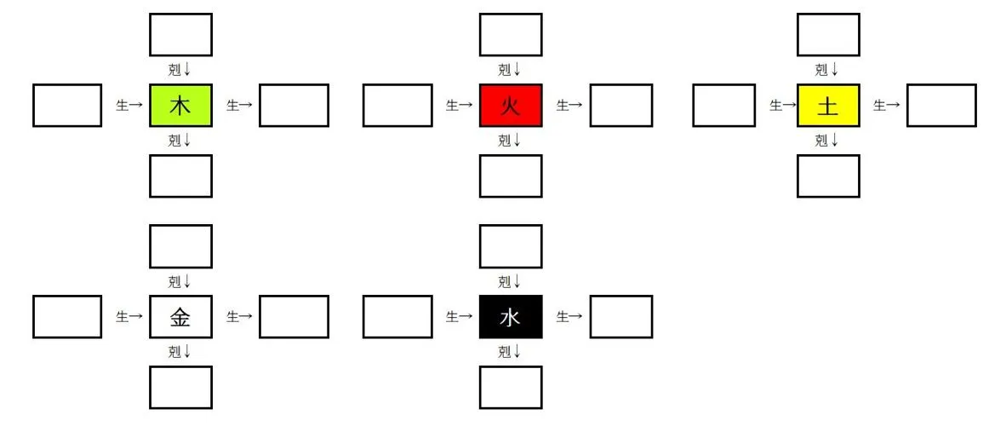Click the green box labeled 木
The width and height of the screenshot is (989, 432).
180,106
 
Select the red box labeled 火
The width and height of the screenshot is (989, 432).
511,106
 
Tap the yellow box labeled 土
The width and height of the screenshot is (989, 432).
828,106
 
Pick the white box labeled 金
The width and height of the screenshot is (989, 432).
180,317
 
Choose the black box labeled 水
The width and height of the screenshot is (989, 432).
511,317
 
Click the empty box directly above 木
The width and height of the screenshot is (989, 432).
180,35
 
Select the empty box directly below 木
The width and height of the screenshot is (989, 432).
180,176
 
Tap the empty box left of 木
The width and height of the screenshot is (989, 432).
67,106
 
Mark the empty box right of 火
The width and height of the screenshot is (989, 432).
621,106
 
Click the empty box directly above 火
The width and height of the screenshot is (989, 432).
511,35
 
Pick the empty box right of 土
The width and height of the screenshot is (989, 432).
941,106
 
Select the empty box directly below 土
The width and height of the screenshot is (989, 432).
828,176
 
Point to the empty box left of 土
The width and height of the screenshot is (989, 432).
723,106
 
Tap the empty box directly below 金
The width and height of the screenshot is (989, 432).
180,388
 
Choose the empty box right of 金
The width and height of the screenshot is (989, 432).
294,317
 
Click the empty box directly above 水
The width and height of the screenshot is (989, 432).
511,246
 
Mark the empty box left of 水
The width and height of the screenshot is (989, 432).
397,317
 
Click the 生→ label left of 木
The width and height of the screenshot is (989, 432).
129,106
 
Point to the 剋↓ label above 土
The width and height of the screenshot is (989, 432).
827,70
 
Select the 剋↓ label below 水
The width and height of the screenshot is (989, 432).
510,351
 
